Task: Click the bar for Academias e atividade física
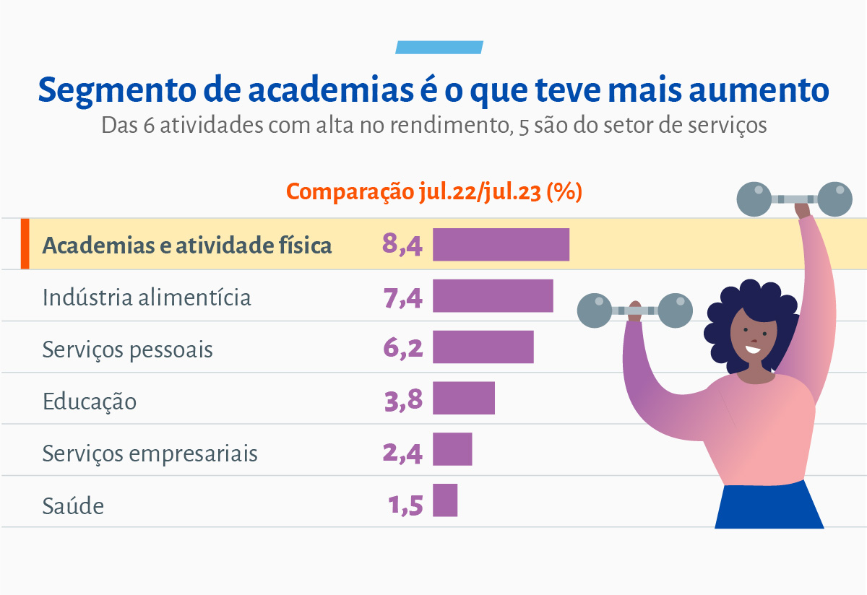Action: point(501,244)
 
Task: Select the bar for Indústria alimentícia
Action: point(493,296)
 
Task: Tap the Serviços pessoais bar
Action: point(483,347)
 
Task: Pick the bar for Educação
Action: point(464,399)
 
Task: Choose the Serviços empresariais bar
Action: point(452,449)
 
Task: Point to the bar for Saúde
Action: point(445,500)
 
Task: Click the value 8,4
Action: point(402,244)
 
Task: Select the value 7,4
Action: point(402,296)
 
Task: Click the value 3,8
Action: point(403,399)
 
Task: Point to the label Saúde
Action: point(73,505)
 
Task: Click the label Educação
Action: point(90,401)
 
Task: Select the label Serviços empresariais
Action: point(150,453)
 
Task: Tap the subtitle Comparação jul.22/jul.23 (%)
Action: point(434,192)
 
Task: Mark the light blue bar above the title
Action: point(439,48)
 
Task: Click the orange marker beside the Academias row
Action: point(25,244)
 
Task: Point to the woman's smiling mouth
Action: point(753,350)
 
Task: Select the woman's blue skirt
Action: point(769,505)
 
